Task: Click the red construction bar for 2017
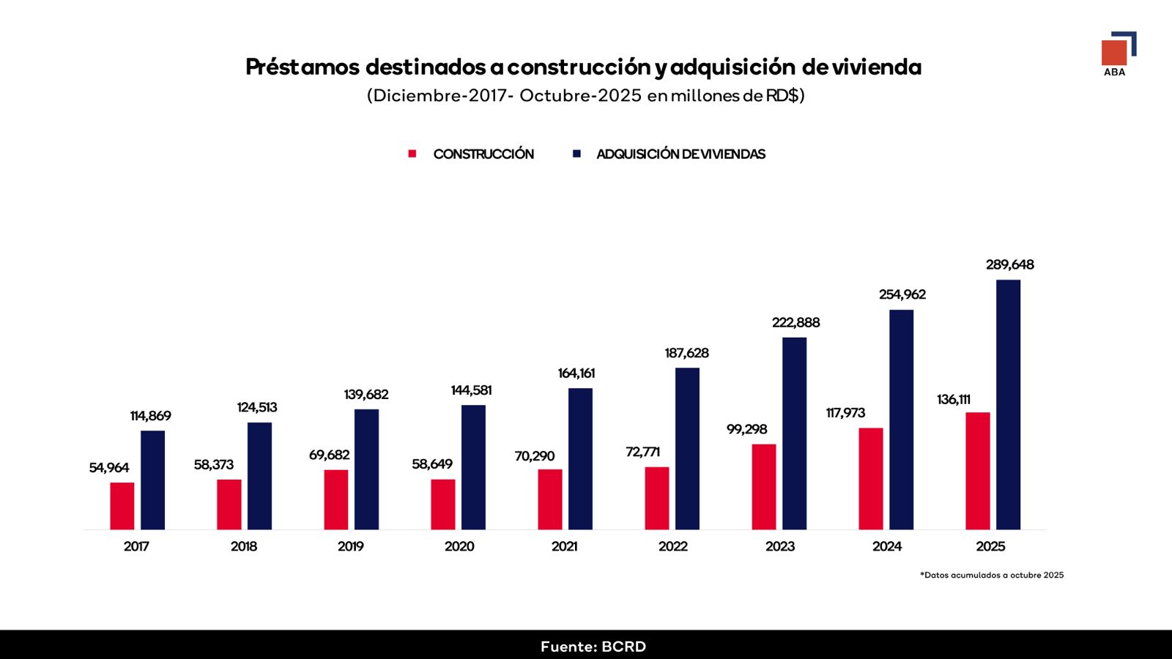click(122, 506)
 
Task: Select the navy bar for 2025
click(1008, 405)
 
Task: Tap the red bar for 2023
click(764, 487)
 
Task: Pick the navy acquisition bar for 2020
click(473, 468)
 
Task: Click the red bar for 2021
click(550, 499)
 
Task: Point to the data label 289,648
click(1010, 264)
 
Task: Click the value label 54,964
click(109, 468)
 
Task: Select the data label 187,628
click(686, 353)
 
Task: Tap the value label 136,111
click(953, 400)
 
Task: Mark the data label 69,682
click(329, 455)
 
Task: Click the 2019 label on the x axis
click(351, 546)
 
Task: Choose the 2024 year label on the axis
click(887, 546)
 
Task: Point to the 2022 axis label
click(673, 546)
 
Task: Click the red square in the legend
click(412, 154)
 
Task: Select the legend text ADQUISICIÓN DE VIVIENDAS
click(680, 154)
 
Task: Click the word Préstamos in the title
click(303, 67)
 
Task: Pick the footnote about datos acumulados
click(992, 576)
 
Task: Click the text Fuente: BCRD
click(593, 647)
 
